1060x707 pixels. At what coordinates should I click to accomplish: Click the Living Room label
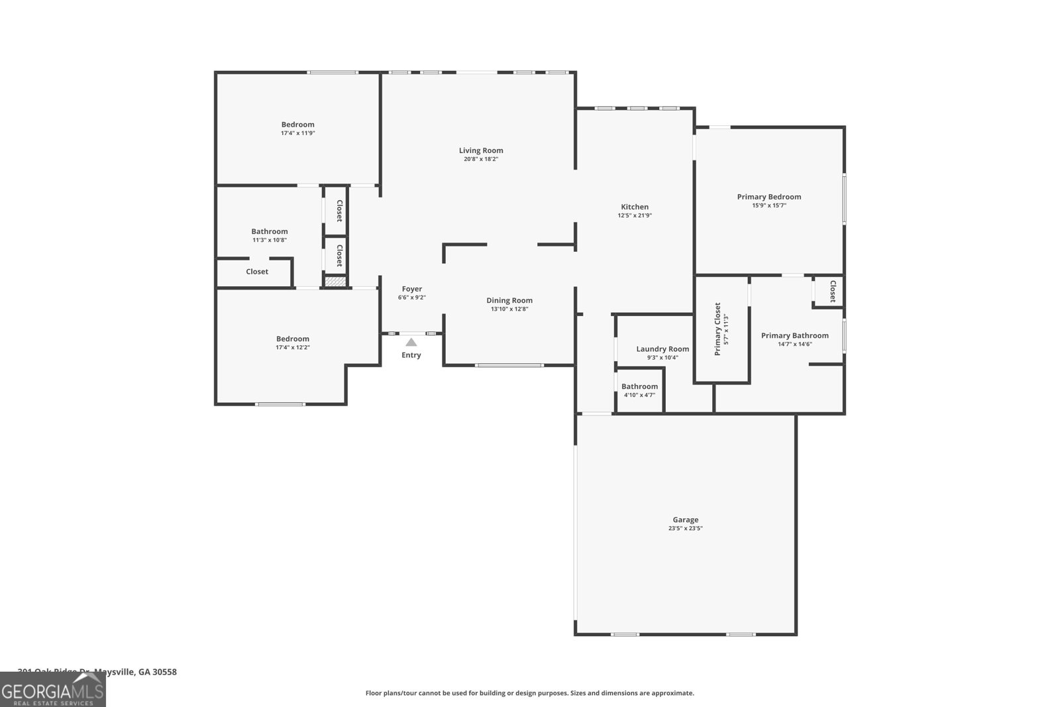(x=481, y=150)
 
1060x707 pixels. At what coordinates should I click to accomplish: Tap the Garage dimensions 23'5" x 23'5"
(x=685, y=529)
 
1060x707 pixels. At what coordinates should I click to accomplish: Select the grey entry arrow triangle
(x=411, y=342)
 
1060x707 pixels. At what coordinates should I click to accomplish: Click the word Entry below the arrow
(x=411, y=355)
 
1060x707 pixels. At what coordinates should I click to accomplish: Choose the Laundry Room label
(x=662, y=349)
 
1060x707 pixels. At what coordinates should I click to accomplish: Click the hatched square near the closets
(x=335, y=282)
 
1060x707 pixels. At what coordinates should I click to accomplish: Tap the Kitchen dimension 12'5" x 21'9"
(x=635, y=215)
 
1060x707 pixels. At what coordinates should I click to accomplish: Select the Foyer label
(x=412, y=289)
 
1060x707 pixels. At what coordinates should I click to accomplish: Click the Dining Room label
(x=509, y=300)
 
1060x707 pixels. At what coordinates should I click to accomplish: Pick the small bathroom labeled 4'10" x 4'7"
(x=639, y=390)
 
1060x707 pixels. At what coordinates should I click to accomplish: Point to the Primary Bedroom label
(x=769, y=197)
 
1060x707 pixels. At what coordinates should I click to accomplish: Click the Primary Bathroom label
(x=794, y=335)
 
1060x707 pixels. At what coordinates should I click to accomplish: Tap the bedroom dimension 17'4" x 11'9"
(x=297, y=133)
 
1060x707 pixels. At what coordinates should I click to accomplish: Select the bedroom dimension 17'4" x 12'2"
(x=293, y=347)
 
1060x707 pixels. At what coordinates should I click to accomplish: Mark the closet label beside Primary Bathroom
(x=833, y=291)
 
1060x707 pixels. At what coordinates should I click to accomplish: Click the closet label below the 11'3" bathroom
(x=257, y=272)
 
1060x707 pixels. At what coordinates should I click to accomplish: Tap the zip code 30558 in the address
(x=164, y=672)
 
